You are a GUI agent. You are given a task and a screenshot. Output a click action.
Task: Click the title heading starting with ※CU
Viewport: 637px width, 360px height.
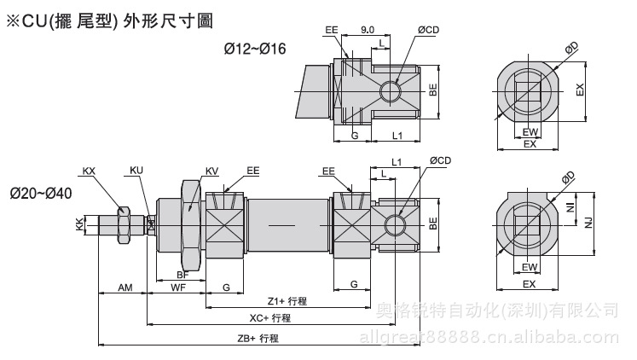tap(109, 18)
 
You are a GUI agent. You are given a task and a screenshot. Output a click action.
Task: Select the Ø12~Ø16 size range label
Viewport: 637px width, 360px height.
tap(255, 49)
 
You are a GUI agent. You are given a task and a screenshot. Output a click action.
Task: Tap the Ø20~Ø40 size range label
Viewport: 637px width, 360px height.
tap(41, 193)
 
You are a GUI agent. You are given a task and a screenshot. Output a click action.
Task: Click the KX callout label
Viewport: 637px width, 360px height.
tap(90, 171)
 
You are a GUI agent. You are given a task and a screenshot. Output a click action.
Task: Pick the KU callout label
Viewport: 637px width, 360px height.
tap(136, 171)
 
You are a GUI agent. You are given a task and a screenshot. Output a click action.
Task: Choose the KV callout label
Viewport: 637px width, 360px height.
tap(211, 171)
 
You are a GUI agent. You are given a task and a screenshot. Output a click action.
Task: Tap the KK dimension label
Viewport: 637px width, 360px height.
tap(79, 224)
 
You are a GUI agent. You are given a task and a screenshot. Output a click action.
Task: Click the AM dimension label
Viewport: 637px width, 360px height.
tap(124, 289)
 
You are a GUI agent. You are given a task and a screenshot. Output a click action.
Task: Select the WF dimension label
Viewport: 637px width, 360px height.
tap(177, 289)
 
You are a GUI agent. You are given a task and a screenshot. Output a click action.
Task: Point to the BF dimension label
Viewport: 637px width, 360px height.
tap(182, 275)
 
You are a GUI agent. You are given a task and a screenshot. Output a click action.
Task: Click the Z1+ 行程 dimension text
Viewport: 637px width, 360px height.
tap(287, 301)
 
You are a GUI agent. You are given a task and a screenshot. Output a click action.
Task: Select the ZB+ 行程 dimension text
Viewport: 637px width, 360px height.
tap(258, 338)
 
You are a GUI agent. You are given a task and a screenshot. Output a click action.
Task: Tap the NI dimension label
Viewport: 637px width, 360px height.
tap(570, 207)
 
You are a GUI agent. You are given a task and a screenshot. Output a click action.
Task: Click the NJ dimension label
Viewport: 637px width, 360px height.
tap(588, 223)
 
